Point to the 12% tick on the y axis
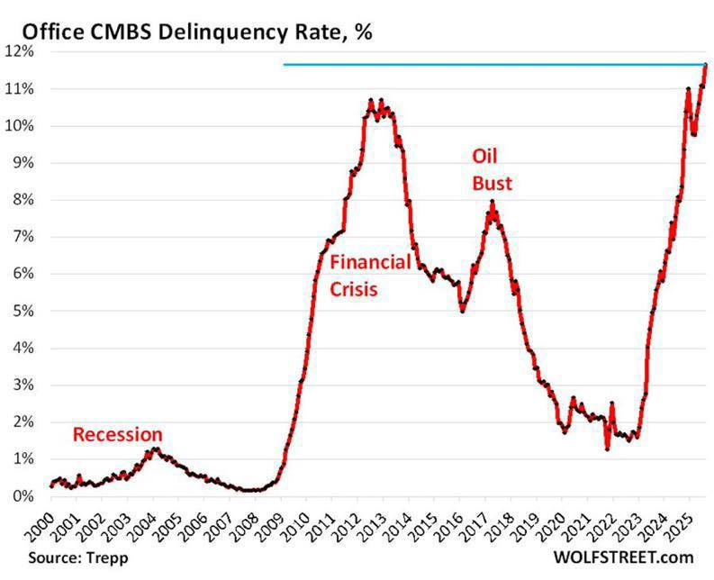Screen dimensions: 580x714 pyautogui.click(x=22, y=51)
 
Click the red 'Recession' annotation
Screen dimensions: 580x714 pyautogui.click(x=117, y=435)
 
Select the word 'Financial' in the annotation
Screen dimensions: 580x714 pyautogui.click(x=370, y=263)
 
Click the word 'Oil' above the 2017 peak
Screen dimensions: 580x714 pyautogui.click(x=486, y=156)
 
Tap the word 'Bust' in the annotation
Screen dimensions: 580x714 pyautogui.click(x=493, y=184)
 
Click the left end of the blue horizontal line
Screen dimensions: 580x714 pyautogui.click(x=285, y=64)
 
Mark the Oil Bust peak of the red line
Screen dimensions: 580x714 pyautogui.click(x=493, y=203)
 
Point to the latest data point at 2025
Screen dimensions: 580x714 pyautogui.click(x=706, y=64)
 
